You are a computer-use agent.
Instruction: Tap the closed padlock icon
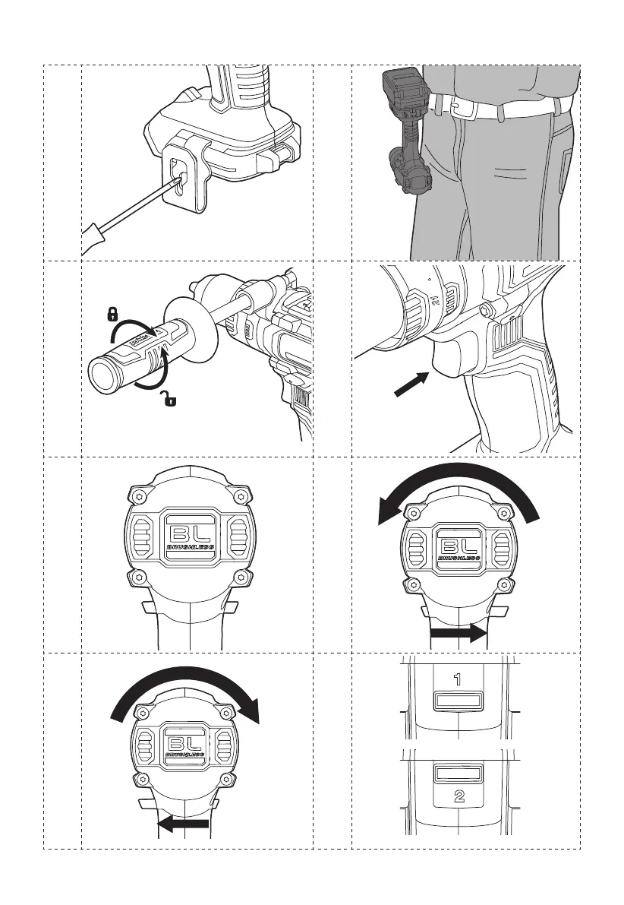click(x=112, y=313)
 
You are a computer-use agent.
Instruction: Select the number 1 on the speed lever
click(x=458, y=681)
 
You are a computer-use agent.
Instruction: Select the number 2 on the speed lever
click(x=459, y=797)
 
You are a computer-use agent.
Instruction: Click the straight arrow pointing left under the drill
click(x=182, y=824)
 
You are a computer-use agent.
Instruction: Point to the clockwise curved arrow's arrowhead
click(x=251, y=711)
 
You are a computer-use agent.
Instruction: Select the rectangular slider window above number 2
click(x=459, y=774)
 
